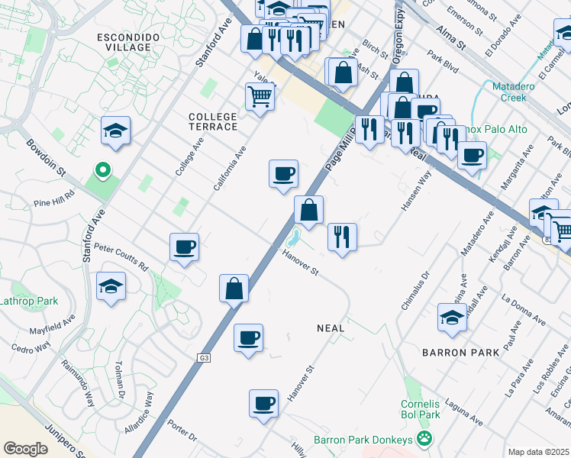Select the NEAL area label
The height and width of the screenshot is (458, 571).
point(331,327)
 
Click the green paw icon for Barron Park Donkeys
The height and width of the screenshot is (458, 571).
point(424,440)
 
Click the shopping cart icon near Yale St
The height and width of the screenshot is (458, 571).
point(260,97)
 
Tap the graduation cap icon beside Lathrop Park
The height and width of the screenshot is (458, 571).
point(111,287)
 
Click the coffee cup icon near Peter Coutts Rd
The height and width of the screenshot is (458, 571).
point(184,247)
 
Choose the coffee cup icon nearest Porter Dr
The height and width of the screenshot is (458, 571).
point(263,402)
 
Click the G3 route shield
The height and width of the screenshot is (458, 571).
point(204,357)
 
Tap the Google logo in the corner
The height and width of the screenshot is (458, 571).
point(25,448)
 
